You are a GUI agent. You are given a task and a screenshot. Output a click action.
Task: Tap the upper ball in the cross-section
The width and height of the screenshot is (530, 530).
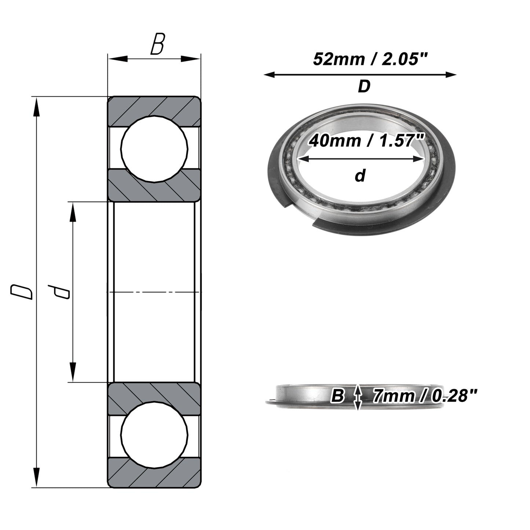tap(154, 149)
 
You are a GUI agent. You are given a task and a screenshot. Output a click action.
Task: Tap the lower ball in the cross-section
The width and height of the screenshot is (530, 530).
tap(154, 435)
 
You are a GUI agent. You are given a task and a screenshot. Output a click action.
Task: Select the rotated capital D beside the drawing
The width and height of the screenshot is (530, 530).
tap(21, 292)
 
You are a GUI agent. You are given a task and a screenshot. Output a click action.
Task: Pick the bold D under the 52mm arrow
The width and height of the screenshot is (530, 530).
tap(364, 86)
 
